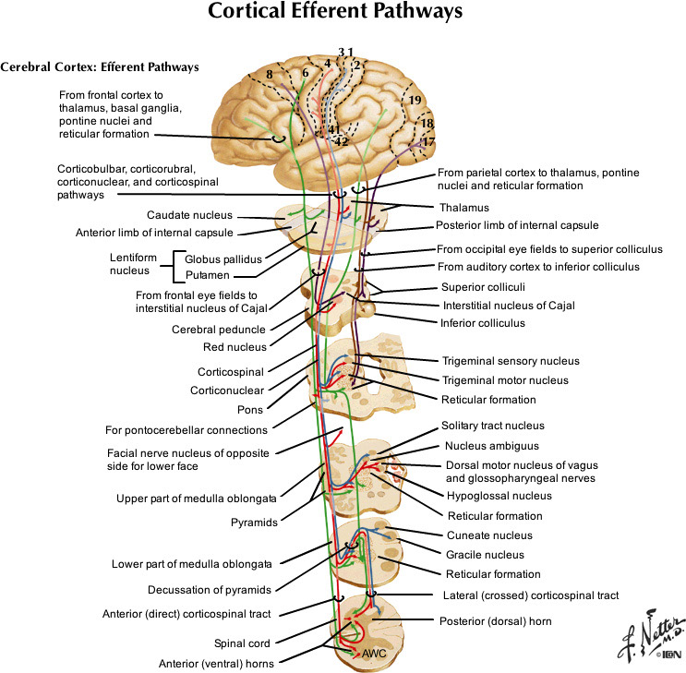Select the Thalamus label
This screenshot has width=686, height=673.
464,208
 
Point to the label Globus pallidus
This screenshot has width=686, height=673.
224,259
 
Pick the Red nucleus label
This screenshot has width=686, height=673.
236,347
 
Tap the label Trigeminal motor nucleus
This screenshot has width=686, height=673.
504,379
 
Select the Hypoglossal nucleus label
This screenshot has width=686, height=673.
499,496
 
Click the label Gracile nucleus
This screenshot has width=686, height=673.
485,555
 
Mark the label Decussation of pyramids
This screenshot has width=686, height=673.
210,589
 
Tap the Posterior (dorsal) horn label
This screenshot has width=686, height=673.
495,621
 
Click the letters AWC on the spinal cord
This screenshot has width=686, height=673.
374,653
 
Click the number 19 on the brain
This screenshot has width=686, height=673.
415,100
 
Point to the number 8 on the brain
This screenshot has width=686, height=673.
269,74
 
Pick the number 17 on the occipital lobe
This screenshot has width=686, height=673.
428,141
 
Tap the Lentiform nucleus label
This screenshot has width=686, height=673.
138,267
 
